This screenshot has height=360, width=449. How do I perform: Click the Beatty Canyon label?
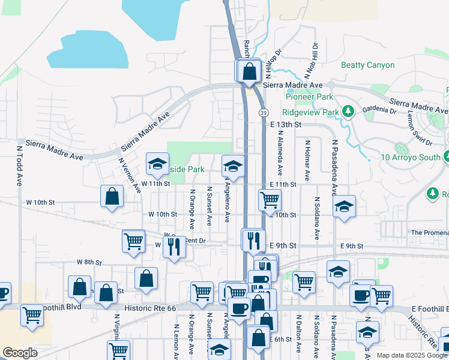[367, 65]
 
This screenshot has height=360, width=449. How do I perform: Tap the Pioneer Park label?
[309, 97]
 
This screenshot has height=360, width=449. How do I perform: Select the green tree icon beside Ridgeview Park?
[348, 111]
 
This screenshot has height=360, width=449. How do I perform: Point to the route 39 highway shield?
[264, 112]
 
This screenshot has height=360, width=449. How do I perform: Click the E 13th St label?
[285, 124]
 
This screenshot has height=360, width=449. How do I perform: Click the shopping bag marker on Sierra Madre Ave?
[249, 72]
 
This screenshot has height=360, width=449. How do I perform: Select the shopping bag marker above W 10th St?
[112, 196]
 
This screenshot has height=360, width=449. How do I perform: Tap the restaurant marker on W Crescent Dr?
[174, 245]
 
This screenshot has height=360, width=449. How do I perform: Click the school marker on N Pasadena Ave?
[343, 206]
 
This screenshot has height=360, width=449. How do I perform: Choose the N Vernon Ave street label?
[129, 175]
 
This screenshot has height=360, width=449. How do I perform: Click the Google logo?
[20, 352]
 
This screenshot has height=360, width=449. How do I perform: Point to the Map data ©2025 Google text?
[411, 355]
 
